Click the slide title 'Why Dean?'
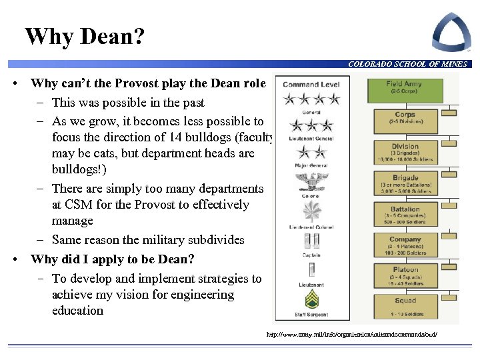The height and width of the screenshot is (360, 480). coord(84,36)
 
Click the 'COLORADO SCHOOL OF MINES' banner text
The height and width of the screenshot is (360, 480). coord(407,64)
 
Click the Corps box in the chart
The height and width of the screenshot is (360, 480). coord(405,119)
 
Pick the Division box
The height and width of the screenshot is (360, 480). coord(405,151)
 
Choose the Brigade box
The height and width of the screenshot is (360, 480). coord(405,183)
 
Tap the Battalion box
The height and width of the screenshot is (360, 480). coord(405,213)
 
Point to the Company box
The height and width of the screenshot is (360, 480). coord(405,243)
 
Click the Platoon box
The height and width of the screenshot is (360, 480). coord(405,274)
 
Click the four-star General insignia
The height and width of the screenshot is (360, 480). coord(311,99)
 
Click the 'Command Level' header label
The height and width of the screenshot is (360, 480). coord(311,85)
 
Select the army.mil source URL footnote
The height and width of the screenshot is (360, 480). coord(353,333)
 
